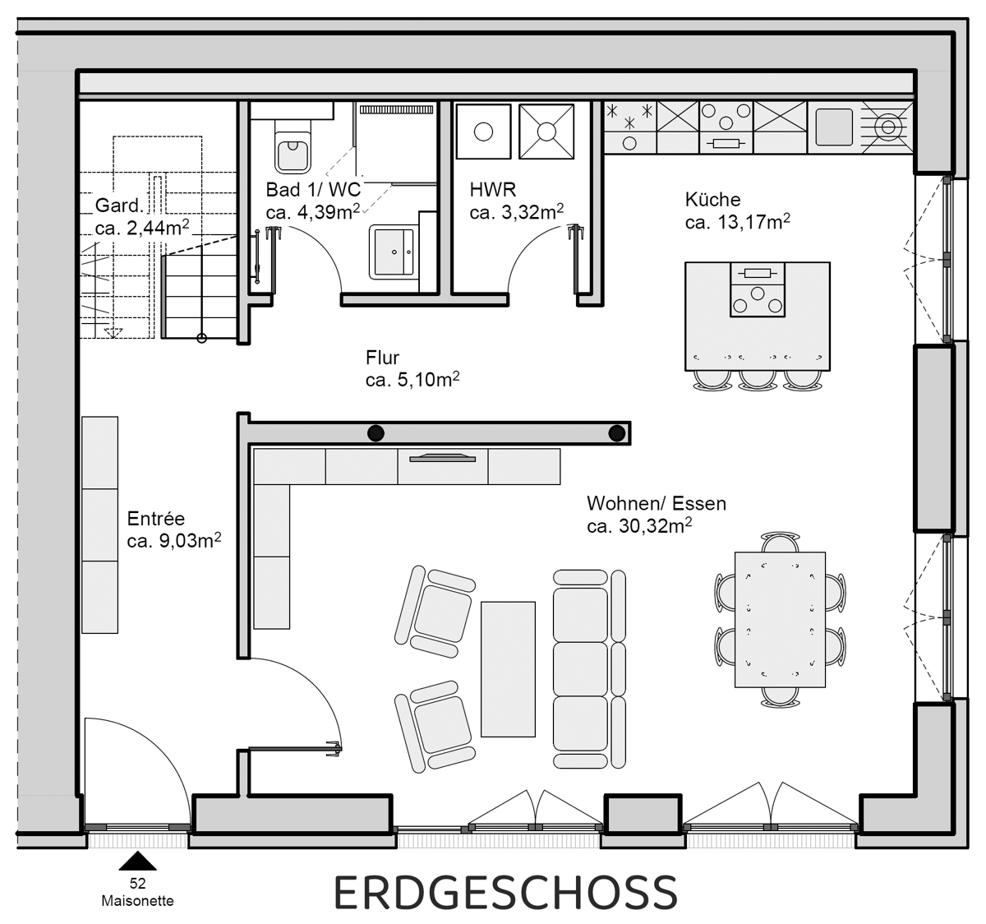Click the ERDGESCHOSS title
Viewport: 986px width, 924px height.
(x=505, y=893)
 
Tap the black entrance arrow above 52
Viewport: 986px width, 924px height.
(x=138, y=862)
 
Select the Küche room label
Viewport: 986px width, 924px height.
(x=712, y=199)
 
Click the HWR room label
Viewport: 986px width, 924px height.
(x=492, y=190)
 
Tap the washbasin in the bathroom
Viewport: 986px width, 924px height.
(x=394, y=251)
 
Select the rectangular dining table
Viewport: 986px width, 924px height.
(x=780, y=618)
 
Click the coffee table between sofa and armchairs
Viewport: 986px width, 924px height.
(x=509, y=668)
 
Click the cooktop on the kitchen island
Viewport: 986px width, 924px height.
(x=757, y=289)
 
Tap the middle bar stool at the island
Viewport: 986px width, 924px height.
(x=758, y=379)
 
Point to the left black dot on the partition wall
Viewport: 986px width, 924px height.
(x=376, y=433)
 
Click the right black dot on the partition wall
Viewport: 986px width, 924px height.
(x=615, y=433)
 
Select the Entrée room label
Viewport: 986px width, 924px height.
(x=156, y=519)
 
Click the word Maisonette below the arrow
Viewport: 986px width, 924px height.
(x=137, y=900)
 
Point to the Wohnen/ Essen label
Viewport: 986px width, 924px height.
(x=656, y=503)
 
